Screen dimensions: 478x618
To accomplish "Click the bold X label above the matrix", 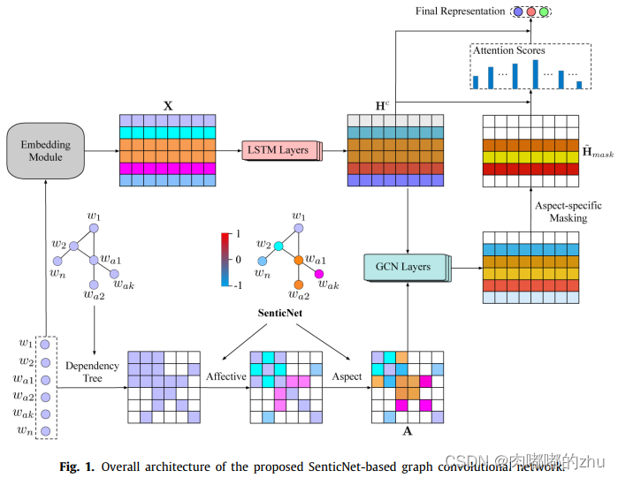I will tap(167, 105).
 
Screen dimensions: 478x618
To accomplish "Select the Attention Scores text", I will tap(508, 51).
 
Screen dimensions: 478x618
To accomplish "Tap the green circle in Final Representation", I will tap(544, 11).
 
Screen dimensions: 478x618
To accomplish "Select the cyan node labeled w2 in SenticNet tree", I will tap(278, 245).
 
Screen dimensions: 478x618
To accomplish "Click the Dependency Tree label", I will tap(92, 372).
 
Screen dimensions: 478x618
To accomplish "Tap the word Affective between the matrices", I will tap(226, 377).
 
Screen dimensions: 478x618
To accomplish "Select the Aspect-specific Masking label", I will tap(569, 212).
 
